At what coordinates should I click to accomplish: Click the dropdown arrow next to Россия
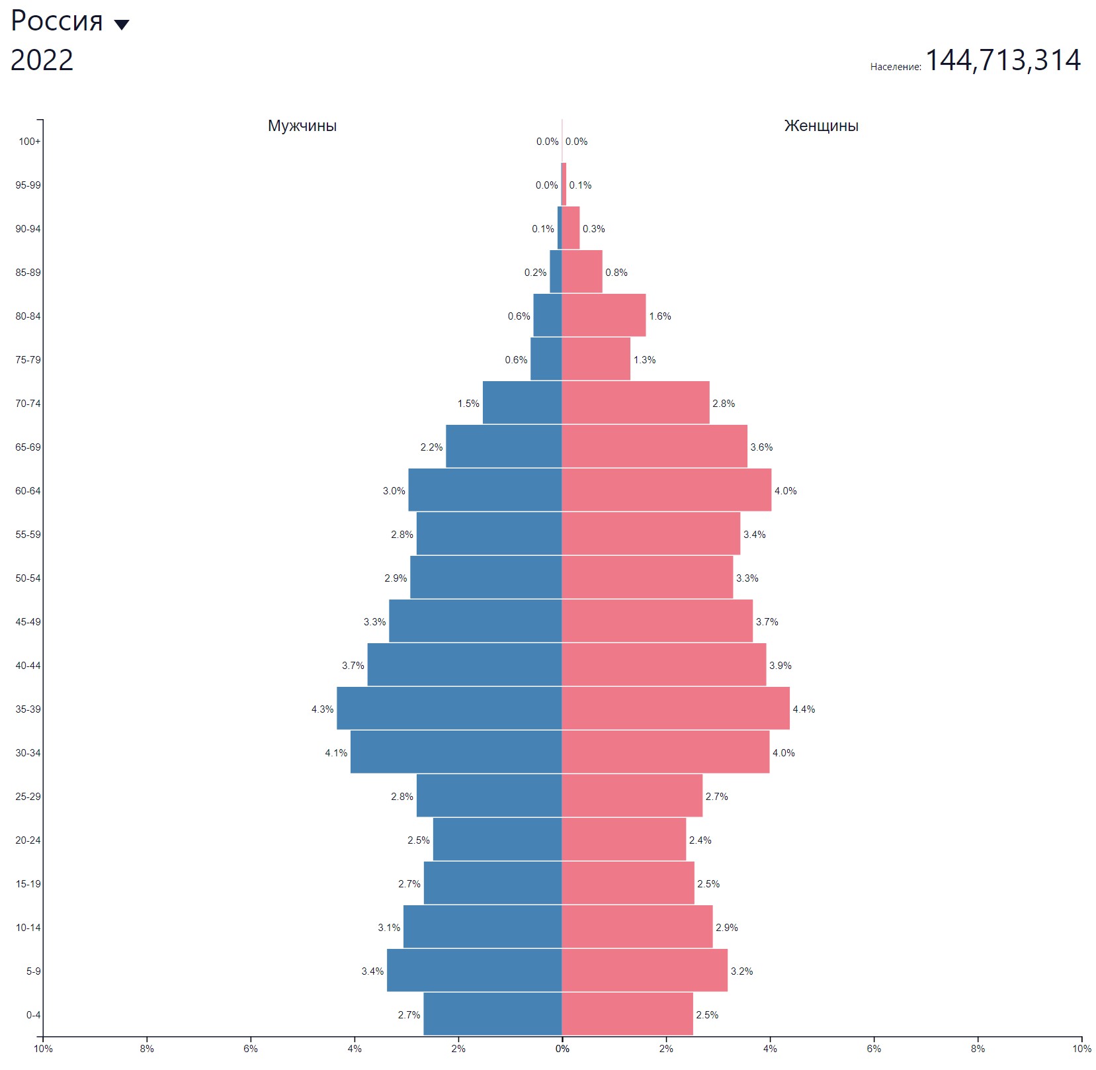pos(122,25)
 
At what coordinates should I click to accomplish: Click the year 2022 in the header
pos(42,60)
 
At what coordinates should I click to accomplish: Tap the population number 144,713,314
pos(1003,60)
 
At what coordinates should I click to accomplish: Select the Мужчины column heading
pos(302,126)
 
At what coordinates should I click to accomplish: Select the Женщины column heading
pos(822,126)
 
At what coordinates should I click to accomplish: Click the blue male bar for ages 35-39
pos(449,709)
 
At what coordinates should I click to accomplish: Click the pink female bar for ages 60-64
pos(667,490)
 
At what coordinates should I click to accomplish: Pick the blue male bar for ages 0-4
pos(493,1014)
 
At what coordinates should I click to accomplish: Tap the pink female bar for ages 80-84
pos(604,316)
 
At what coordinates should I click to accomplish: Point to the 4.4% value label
pos(804,709)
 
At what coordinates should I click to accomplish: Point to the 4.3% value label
pos(323,709)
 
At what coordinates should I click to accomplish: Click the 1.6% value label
pos(660,316)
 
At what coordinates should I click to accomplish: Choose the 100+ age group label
pos(30,142)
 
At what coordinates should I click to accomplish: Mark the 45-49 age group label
pos(28,622)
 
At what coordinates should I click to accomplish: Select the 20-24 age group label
pos(28,840)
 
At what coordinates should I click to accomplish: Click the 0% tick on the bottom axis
pos(562,1049)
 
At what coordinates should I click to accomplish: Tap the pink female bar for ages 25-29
pos(632,796)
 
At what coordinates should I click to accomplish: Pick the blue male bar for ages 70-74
pos(523,403)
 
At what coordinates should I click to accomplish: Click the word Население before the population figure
pos(896,67)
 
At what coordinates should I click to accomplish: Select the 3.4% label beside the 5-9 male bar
pos(372,971)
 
